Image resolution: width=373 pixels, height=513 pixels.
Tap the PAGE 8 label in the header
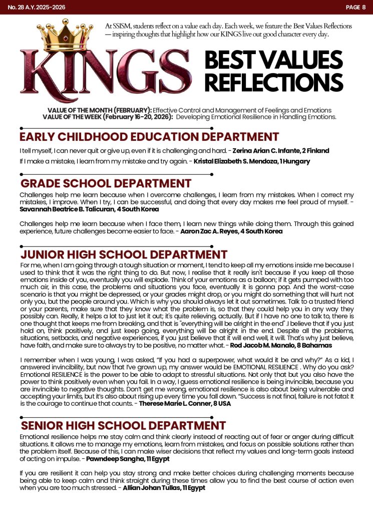click(355, 7)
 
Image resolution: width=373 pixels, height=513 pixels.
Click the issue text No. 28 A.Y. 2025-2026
click(37, 7)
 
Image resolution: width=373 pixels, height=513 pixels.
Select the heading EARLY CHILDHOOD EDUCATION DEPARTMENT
click(149, 137)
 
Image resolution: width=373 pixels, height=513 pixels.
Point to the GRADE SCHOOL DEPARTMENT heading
click(106, 183)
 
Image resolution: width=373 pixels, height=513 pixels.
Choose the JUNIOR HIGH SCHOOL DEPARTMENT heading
click(124, 254)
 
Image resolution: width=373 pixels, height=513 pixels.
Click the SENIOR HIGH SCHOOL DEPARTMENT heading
click(123, 426)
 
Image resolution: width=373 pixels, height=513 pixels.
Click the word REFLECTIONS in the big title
click(273, 82)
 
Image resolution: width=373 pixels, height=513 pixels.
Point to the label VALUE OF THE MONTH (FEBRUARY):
click(99, 110)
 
